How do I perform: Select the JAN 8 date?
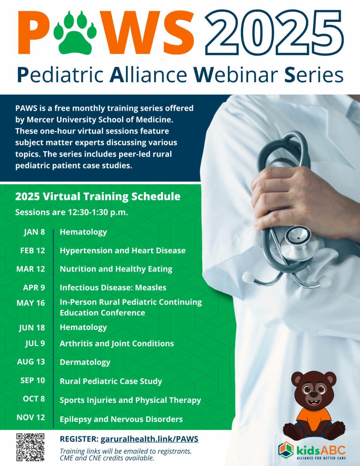[34, 232]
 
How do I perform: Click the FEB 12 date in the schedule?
[33, 251]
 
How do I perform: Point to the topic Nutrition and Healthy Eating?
[116, 269]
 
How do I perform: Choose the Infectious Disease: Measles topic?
[113, 287]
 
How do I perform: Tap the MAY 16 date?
[31, 303]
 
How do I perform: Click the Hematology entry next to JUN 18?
[83, 327]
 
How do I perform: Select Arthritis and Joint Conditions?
[117, 344]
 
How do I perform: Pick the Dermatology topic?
[85, 362]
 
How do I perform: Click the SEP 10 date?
[33, 380]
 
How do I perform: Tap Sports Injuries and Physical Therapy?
[130, 400]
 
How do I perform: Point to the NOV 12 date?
[31, 417]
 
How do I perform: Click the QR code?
[30, 447]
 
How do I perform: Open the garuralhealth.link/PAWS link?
[149, 439]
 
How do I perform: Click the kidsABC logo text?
[321, 450]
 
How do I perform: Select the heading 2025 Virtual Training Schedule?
[98, 197]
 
